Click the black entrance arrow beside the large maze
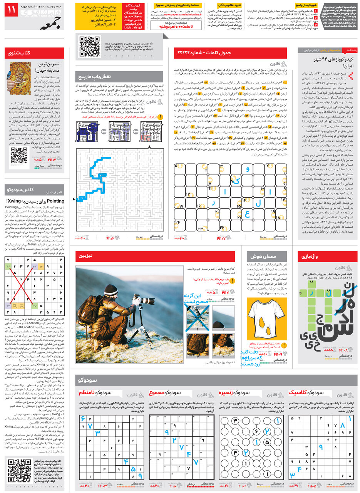(74, 200)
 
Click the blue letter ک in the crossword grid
(237, 180)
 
